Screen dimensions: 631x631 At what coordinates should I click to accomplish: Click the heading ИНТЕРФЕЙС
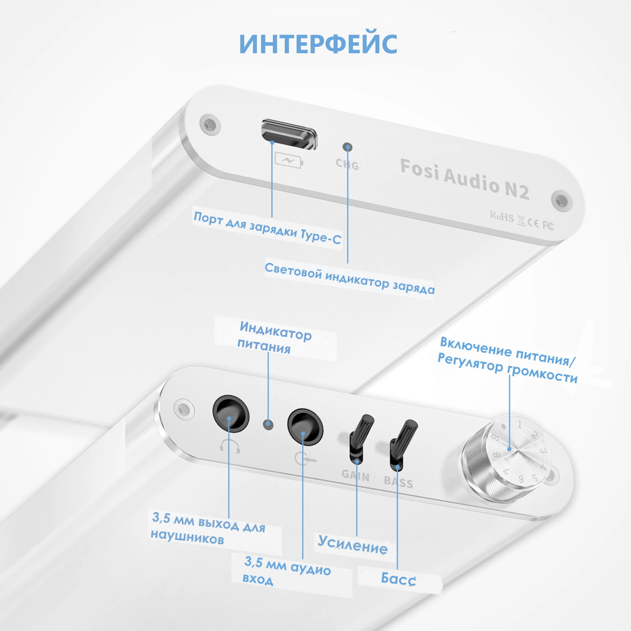(318, 43)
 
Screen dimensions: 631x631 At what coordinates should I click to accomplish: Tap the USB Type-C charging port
(289, 134)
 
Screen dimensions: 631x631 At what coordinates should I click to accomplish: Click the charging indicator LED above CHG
(347, 147)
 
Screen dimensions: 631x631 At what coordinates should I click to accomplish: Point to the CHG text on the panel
(347, 164)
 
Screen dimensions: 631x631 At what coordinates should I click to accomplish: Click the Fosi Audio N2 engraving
(465, 179)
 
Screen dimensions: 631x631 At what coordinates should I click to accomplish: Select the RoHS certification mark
(502, 216)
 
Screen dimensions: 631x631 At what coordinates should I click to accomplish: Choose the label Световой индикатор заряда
(349, 278)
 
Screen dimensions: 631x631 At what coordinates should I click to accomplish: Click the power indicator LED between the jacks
(268, 424)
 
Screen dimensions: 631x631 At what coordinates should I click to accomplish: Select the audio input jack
(305, 427)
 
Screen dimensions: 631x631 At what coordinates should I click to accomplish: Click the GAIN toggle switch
(360, 439)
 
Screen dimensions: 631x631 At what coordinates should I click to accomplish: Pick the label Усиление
(353, 545)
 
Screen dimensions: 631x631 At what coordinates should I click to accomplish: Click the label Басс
(398, 579)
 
